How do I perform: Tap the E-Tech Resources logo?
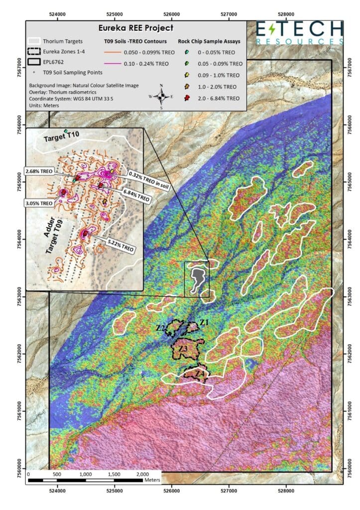tap(300, 33)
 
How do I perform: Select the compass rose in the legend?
tap(161, 96)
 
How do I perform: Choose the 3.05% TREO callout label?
tap(38, 203)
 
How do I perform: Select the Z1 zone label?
tap(203, 323)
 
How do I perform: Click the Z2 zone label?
tap(160, 328)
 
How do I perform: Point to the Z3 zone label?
tap(183, 349)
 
